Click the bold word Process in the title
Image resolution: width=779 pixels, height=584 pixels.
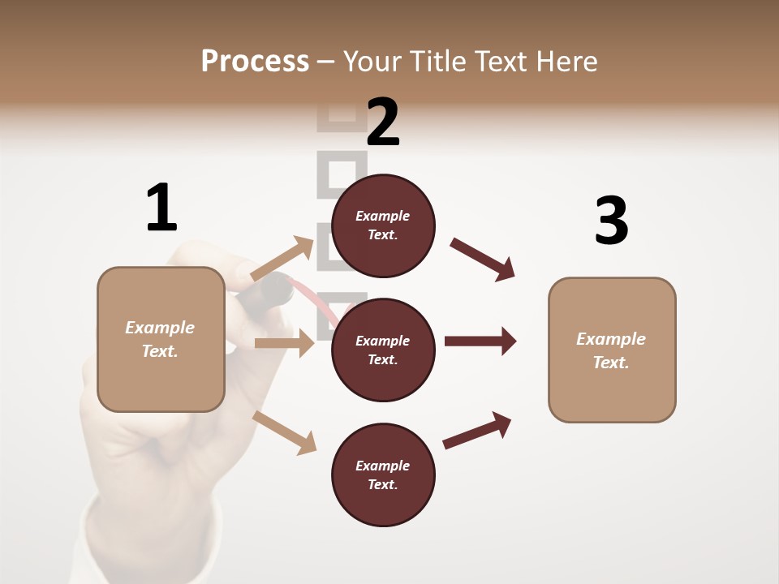pos(255,61)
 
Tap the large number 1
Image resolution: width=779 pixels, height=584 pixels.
pos(161,208)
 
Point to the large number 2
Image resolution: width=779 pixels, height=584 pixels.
pos(383,122)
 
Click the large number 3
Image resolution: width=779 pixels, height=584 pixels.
pos(611,221)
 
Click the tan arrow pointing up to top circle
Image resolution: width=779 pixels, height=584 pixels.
pos(282,258)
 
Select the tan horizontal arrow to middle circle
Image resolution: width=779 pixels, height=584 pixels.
pos(284,343)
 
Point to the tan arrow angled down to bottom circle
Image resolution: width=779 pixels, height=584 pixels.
pos(285,432)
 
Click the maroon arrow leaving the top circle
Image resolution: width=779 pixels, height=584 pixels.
pos(483,259)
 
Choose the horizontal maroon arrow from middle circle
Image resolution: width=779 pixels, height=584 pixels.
pos(480,341)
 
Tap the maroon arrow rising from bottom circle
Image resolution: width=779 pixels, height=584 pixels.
pos(478,430)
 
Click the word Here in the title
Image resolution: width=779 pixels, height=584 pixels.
pos(565,61)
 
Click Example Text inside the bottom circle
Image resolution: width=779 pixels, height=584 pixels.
pos(383,475)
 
